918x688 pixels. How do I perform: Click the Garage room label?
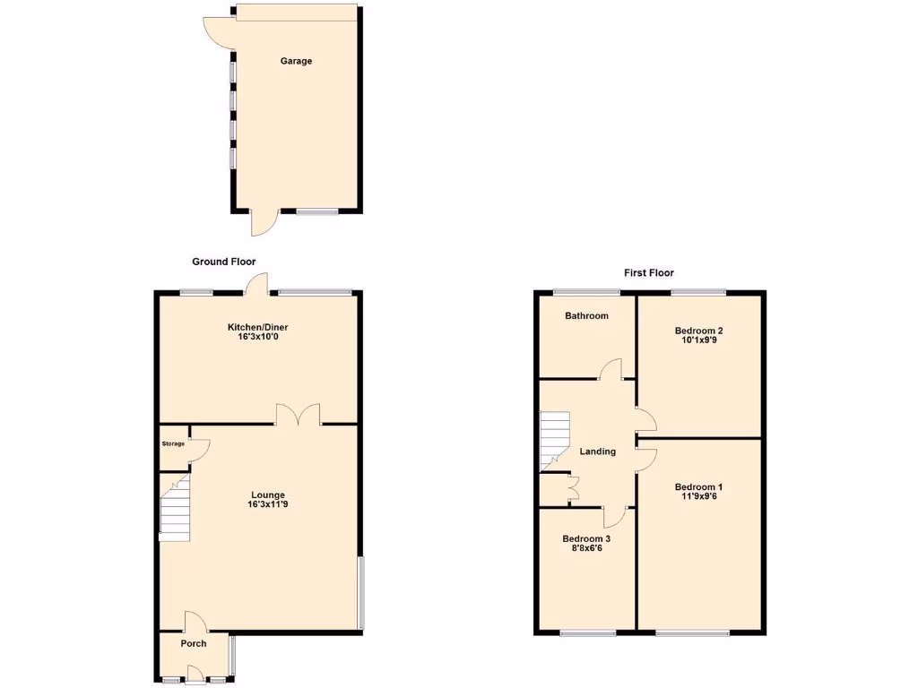click(x=296, y=61)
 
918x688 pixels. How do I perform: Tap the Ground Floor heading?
click(x=223, y=262)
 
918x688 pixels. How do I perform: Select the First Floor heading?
click(x=649, y=272)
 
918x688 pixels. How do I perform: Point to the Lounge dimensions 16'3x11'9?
click(x=267, y=505)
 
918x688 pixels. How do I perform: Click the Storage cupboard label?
click(x=173, y=444)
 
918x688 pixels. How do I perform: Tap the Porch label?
click(x=194, y=643)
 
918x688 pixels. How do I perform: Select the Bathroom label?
click(x=586, y=315)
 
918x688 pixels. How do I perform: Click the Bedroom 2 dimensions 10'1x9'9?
click(x=699, y=341)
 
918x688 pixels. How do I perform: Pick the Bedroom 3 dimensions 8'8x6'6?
click(x=586, y=549)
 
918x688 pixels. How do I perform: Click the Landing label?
click(x=598, y=451)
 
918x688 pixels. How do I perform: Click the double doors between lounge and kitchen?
click(x=299, y=416)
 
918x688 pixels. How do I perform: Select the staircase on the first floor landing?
click(x=555, y=441)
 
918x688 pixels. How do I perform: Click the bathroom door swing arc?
click(x=611, y=368)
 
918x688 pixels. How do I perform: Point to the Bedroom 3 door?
click(x=614, y=516)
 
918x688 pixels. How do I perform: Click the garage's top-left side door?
click(x=217, y=32)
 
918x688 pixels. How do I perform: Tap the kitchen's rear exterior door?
click(x=258, y=283)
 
